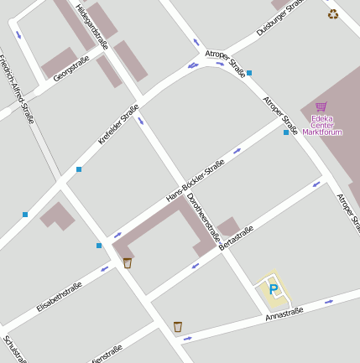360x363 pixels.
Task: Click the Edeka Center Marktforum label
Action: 323,125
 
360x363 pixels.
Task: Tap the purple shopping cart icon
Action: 321,106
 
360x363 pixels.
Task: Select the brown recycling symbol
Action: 333,13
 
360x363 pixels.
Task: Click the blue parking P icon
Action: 273,289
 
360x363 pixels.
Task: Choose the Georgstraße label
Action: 70,68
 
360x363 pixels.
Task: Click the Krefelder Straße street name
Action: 118,124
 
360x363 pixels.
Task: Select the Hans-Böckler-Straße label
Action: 196,180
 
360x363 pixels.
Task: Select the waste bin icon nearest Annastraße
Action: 178,326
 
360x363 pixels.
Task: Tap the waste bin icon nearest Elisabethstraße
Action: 128,262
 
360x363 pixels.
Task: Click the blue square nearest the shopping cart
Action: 286,132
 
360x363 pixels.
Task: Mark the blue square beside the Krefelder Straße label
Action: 79,169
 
